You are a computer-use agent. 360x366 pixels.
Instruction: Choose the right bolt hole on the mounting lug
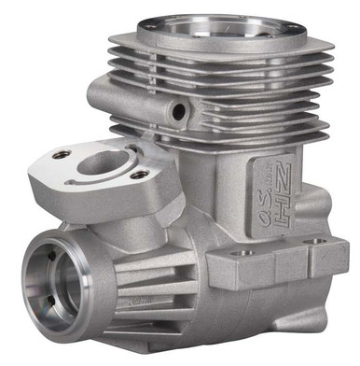(x=322, y=241)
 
